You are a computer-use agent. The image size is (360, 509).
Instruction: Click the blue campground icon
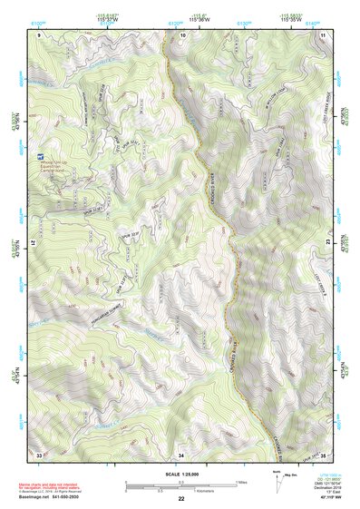click(39, 157)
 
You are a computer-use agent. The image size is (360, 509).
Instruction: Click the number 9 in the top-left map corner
click(39, 34)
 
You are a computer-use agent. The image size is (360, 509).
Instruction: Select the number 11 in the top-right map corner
click(323, 34)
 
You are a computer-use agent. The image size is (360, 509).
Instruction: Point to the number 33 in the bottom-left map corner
click(39, 453)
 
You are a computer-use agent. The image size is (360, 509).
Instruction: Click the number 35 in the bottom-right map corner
click(323, 453)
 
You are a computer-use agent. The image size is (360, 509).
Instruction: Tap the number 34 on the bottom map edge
click(180, 453)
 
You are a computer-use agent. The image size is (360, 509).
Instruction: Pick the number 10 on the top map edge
click(182, 34)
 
